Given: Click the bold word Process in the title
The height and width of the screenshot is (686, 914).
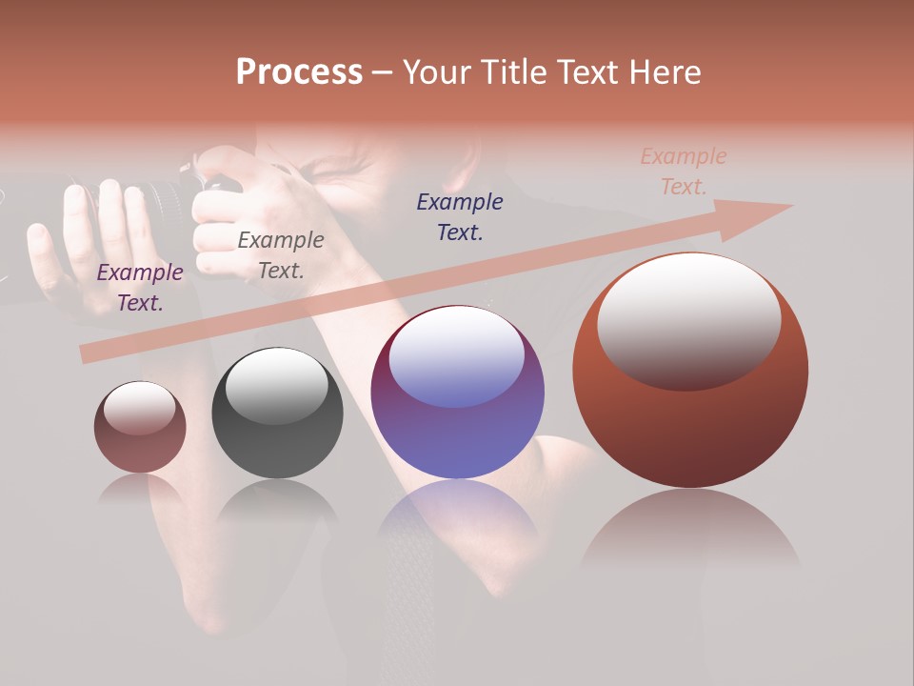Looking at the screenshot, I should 299,71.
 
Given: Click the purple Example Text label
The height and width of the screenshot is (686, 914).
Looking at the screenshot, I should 140,288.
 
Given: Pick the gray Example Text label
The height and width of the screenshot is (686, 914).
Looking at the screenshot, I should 280,255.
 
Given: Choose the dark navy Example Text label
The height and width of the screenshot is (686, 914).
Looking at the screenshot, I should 460,216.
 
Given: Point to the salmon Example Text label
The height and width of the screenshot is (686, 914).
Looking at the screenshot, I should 683,171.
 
